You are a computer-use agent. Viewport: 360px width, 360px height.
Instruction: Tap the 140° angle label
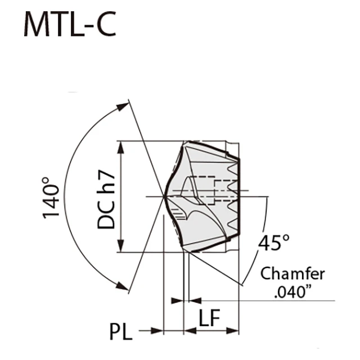click(52, 199)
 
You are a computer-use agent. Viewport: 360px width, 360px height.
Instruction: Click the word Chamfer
click(292, 274)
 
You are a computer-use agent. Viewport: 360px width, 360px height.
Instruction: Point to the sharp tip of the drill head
click(164, 196)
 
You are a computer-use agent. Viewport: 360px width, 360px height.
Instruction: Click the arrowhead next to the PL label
click(157, 331)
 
